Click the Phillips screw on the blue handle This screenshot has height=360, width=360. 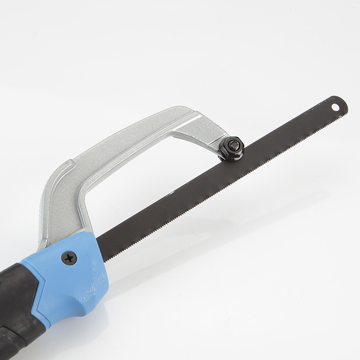(69, 258)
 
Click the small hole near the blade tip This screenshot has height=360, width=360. (335, 107)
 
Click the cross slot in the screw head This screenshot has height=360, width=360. (69, 258)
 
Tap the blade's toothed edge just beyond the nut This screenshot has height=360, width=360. (256, 155)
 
